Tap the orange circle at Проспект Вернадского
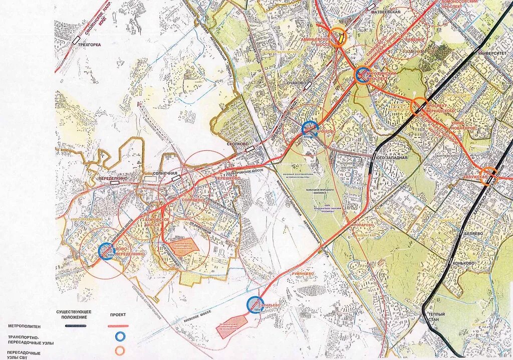click(x=419, y=106)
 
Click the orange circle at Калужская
click(x=488, y=176)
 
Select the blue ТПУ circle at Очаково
click(x=310, y=129)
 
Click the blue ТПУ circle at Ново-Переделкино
click(x=106, y=251)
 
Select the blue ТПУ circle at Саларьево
click(x=255, y=304)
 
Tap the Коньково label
click(x=462, y=263)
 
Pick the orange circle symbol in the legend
click(x=120, y=350)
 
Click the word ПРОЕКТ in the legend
click(x=117, y=315)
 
